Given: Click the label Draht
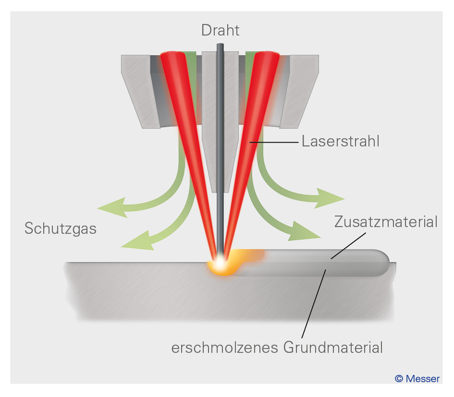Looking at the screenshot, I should (221, 30).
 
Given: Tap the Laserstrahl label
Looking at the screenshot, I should (340, 142).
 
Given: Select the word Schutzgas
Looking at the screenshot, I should (61, 229).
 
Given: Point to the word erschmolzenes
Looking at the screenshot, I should (225, 348).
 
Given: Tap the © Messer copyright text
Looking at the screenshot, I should (417, 379).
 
